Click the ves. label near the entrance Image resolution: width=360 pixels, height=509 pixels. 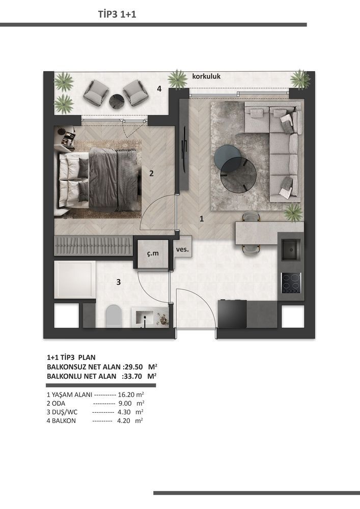coord(182,250)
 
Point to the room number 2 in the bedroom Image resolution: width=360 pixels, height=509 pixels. coord(151,173)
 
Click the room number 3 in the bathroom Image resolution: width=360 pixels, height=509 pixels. coord(118,282)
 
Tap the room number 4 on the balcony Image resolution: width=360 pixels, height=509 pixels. coord(159,89)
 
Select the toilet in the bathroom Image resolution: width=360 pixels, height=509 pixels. coord(113,317)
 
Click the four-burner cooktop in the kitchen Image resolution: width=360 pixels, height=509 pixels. coord(291,281)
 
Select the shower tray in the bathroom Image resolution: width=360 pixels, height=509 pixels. coord(75,279)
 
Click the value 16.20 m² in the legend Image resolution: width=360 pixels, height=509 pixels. coord(131,394)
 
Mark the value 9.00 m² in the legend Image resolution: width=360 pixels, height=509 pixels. coord(130,403)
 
